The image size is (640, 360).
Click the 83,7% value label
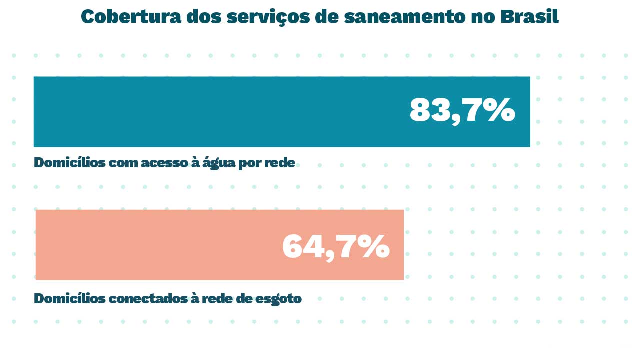[x=462, y=110]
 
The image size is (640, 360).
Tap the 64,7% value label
[x=336, y=246]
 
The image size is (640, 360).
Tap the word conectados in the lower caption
[x=147, y=299]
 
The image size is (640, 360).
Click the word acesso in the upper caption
[x=163, y=163]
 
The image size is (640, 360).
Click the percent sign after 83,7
[x=499, y=110]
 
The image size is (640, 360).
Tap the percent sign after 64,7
[x=373, y=246]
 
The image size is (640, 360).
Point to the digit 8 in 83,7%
[x=419, y=110]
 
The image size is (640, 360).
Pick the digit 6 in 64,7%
[x=293, y=246]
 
